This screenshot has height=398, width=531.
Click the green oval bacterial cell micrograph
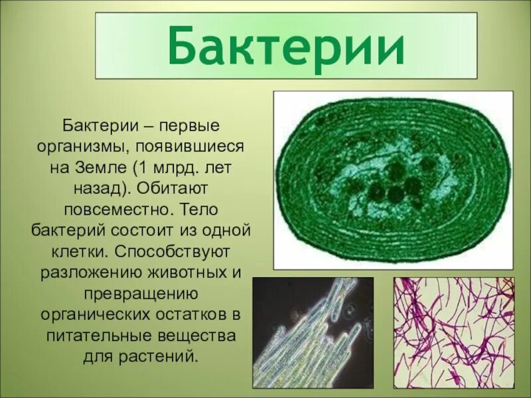[393, 179]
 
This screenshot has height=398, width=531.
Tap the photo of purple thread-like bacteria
[453, 332]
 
